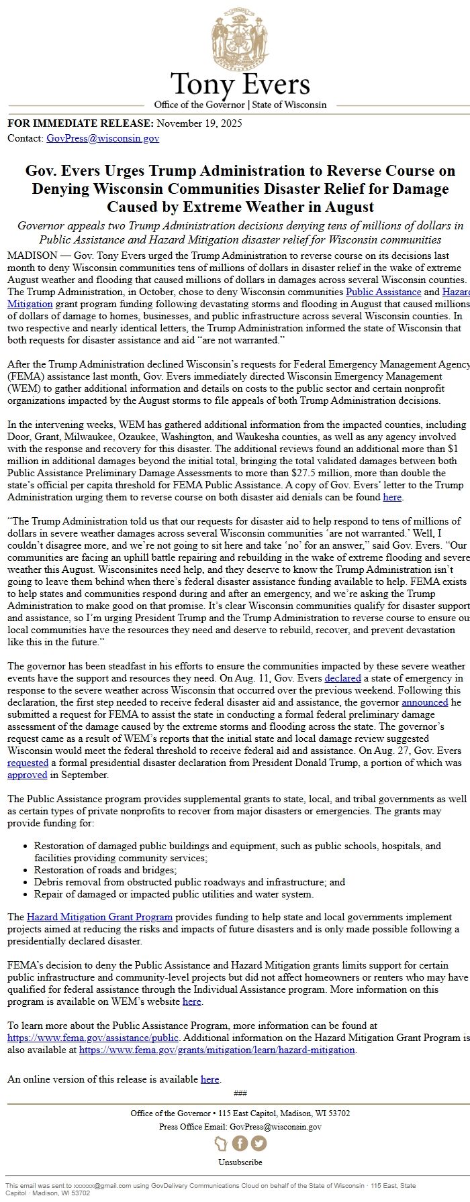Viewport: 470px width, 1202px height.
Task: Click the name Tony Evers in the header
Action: [240, 84]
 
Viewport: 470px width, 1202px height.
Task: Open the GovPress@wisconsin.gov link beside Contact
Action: [103, 138]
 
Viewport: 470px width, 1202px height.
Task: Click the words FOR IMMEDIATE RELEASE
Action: [79, 123]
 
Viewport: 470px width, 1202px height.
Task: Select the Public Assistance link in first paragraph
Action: [383, 292]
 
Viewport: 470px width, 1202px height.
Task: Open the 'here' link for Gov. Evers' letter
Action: [392, 497]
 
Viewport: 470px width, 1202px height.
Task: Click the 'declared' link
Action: [342, 678]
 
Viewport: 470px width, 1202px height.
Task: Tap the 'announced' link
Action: [424, 702]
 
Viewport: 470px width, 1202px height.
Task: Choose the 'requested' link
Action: [28, 763]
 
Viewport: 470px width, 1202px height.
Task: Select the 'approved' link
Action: [27, 775]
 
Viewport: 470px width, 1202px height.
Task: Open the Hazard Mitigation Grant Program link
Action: [99, 917]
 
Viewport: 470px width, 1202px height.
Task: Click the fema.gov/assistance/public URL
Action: [93, 1038]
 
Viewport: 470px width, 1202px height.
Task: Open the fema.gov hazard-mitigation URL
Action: [217, 1050]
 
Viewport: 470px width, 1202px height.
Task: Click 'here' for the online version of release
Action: [209, 1079]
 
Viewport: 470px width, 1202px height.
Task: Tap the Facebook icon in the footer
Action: [240, 1143]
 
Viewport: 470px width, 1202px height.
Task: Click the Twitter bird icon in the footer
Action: [258, 1143]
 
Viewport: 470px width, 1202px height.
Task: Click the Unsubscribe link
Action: [240, 1162]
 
